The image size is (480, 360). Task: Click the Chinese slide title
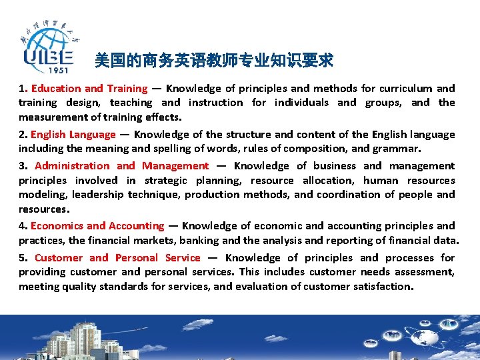tap(214, 61)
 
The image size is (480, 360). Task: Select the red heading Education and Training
tap(89, 89)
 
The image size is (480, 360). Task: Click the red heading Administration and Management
tap(121, 166)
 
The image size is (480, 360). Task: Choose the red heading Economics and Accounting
tap(97, 226)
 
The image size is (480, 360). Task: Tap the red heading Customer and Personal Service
tap(117, 258)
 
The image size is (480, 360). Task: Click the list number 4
tap(22, 226)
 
